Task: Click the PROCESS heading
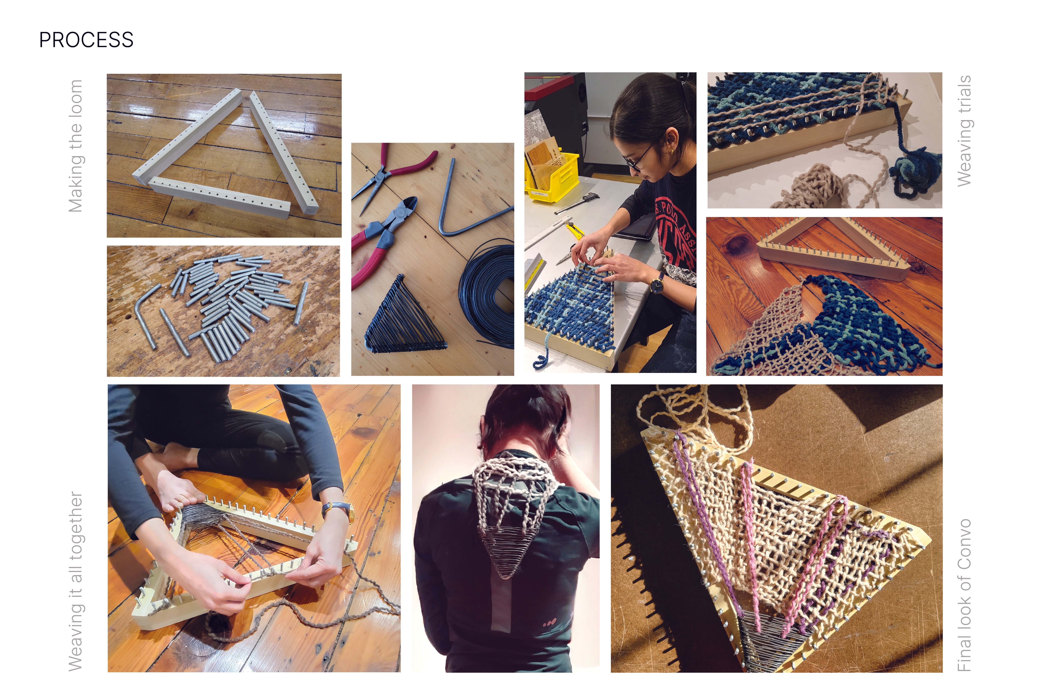coord(86,40)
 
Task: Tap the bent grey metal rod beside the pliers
coord(470,199)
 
